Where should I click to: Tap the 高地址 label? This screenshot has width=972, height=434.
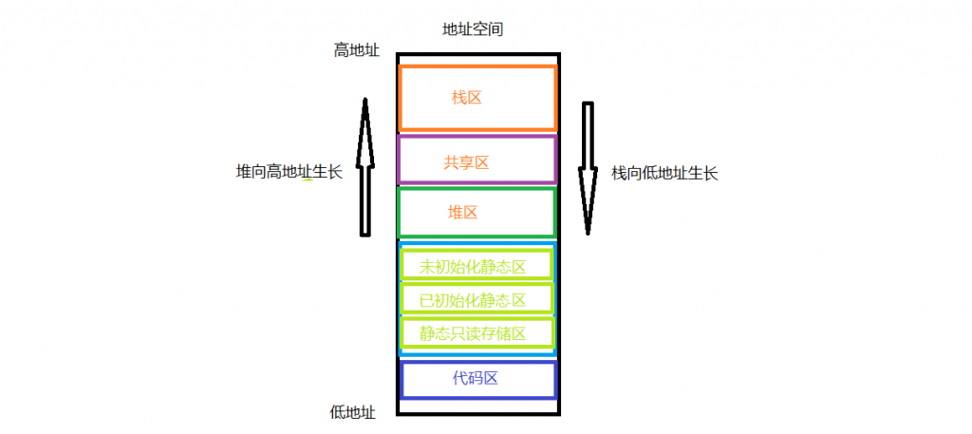point(357,51)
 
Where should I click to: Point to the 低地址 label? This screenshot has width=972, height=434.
point(353,412)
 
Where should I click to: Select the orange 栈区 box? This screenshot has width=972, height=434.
point(477,66)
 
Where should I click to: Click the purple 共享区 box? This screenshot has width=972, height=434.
point(477,137)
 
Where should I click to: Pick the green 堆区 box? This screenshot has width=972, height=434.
point(477,190)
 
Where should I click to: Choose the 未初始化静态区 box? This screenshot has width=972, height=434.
point(477,251)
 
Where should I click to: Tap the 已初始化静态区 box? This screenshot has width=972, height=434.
point(477,285)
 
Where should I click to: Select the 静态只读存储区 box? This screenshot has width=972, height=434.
point(477,319)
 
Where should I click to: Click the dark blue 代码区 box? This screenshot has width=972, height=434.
point(478,364)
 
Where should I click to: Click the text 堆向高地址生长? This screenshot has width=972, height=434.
point(290,172)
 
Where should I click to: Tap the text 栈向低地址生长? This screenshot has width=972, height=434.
point(664,173)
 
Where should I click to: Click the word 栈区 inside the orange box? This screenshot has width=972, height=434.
point(467,97)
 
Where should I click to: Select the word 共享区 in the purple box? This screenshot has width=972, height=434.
point(466,162)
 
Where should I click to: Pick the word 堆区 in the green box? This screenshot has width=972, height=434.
point(463,213)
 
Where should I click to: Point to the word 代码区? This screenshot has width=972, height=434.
point(476,378)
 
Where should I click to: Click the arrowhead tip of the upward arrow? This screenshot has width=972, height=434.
point(365,98)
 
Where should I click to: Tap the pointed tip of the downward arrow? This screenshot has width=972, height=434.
point(588,236)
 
